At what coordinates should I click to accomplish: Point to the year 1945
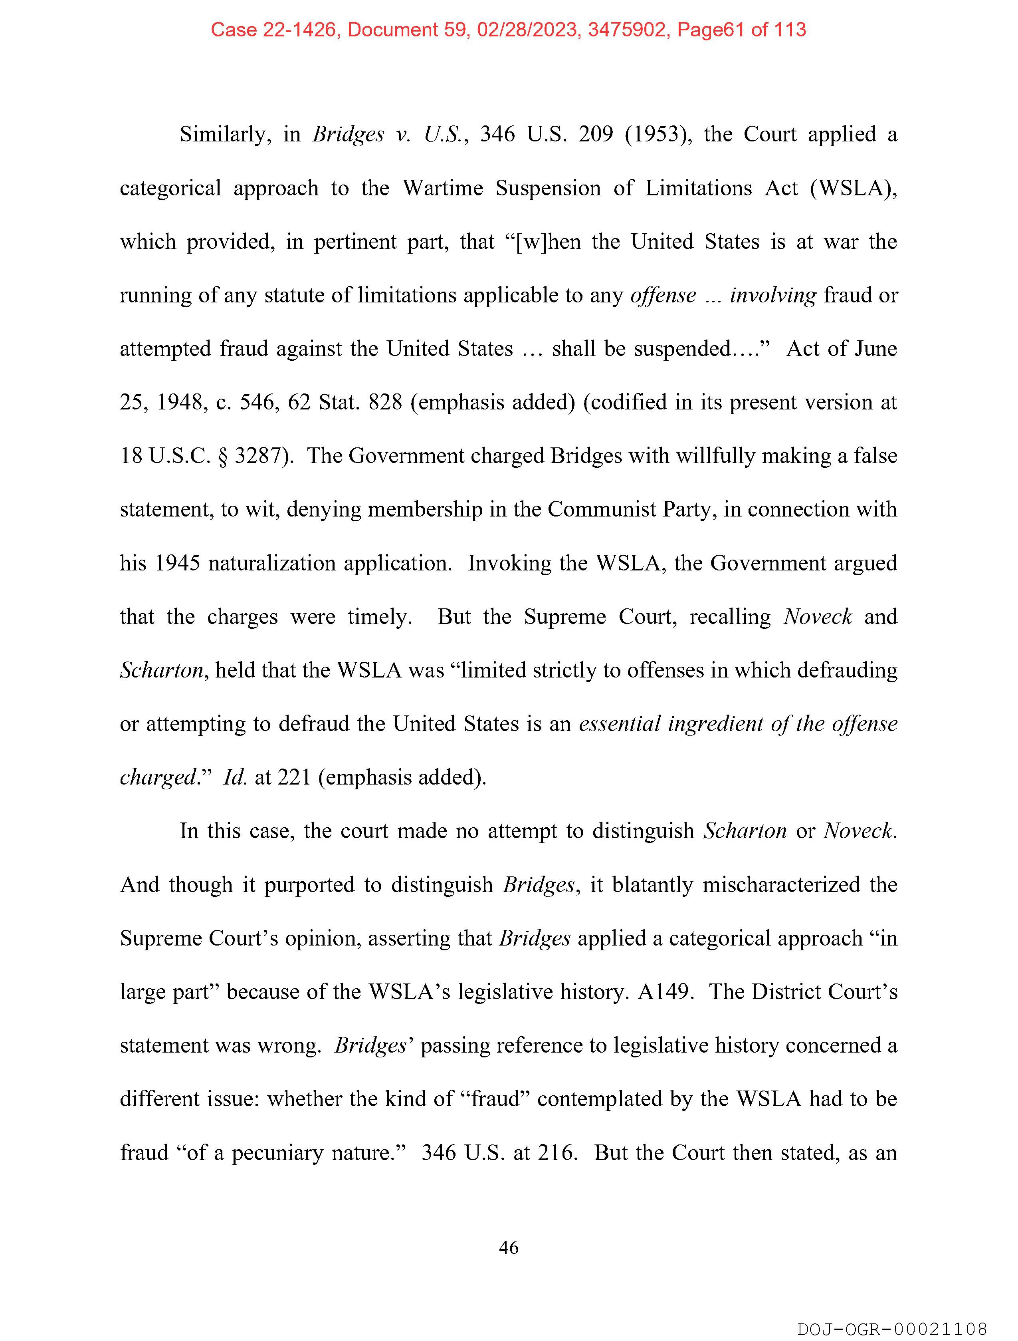(x=177, y=563)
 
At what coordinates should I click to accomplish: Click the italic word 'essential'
(x=619, y=724)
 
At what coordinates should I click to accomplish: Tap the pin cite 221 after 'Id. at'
(x=294, y=777)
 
